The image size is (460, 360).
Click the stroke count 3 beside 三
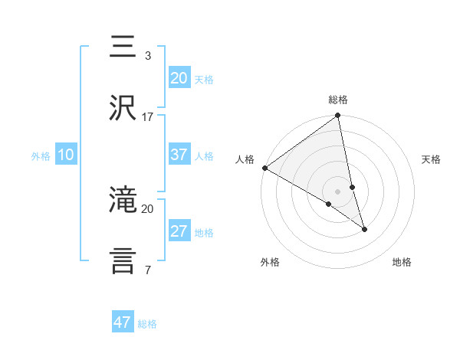pyautogui.click(x=147, y=56)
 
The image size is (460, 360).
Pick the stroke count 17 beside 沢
pyautogui.click(x=147, y=116)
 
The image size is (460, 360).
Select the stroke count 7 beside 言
pyautogui.click(x=147, y=270)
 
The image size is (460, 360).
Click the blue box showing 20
pyautogui.click(x=179, y=78)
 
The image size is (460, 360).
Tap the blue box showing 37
pyautogui.click(x=179, y=154)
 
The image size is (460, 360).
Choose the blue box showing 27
pyautogui.click(x=179, y=231)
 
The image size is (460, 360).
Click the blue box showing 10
pyautogui.click(x=66, y=155)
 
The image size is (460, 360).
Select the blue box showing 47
pyautogui.click(x=123, y=322)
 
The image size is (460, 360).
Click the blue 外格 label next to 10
pyautogui.click(x=41, y=155)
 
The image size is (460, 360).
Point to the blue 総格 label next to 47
pyautogui.click(x=147, y=324)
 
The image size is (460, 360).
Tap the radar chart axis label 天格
pyautogui.click(x=431, y=159)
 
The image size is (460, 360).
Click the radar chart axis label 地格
pyautogui.click(x=402, y=263)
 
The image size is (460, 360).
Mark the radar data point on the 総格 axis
pyautogui.click(x=338, y=116)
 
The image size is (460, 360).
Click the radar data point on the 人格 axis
pyautogui.click(x=264, y=168)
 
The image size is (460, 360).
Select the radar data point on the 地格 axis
pyautogui.click(x=364, y=229)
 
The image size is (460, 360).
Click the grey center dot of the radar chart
pyautogui.click(x=338, y=191)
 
